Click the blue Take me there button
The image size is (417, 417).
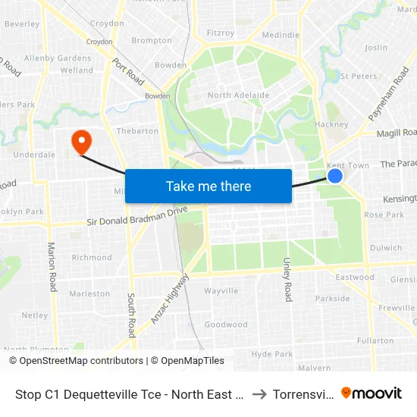[x=208, y=186]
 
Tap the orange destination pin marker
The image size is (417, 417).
[x=80, y=141]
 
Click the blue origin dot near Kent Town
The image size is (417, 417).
[x=335, y=176]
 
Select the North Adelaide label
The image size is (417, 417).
[x=238, y=96]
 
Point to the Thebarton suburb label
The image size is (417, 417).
[x=137, y=130]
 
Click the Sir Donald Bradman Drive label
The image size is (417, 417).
[x=136, y=221]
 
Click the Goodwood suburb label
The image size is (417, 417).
[x=226, y=325]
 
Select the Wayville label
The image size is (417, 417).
[x=221, y=290]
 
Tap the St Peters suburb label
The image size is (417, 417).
[x=359, y=77]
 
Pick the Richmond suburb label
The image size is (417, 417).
[x=91, y=258]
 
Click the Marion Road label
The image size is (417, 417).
[x=52, y=266]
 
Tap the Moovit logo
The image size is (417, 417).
[x=372, y=393]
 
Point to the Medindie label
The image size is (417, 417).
[x=281, y=35]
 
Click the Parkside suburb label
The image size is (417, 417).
[x=333, y=299]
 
